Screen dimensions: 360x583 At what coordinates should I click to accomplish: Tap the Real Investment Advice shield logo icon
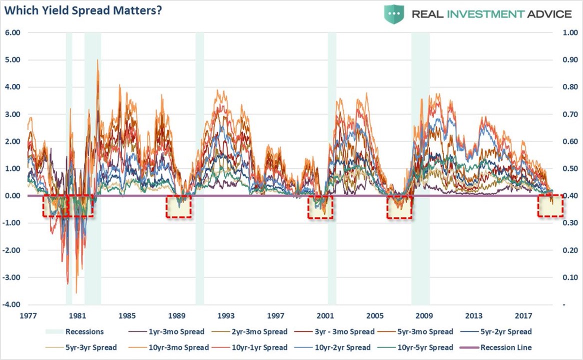(x=394, y=14)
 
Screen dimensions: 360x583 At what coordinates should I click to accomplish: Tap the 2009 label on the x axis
(x=424, y=316)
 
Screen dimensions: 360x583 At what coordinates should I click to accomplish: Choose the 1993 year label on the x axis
(x=226, y=316)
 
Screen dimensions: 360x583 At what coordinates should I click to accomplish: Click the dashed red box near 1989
(x=179, y=206)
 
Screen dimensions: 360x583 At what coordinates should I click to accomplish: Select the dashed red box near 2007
(x=399, y=206)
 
